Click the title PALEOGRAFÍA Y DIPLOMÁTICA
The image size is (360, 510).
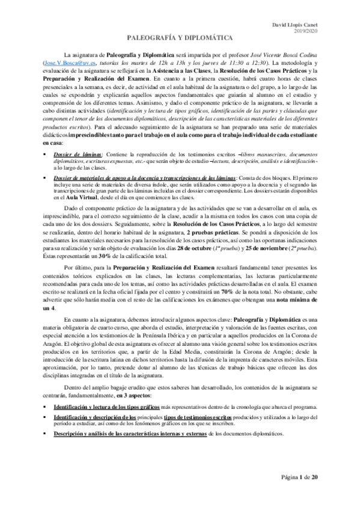[180, 37]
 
